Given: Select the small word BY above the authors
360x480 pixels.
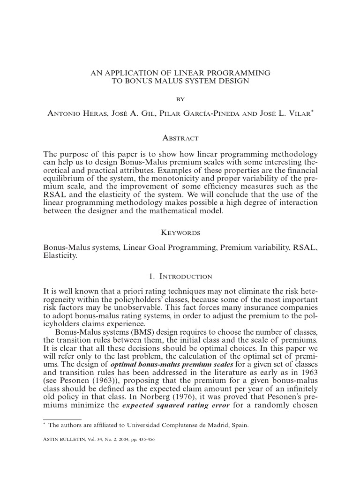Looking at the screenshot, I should [180, 99].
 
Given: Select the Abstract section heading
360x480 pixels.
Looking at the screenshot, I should [180, 138].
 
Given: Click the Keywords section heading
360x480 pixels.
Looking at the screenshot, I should [180, 232].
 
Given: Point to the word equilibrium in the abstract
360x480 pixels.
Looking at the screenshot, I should [62, 178].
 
